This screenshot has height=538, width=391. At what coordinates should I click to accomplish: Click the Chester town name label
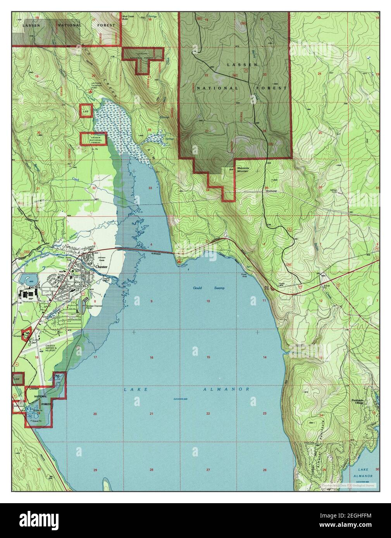pos(101,267)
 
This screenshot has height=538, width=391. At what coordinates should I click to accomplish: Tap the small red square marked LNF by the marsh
pos(85,111)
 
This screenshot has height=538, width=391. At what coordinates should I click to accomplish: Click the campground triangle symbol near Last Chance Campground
pos(90,91)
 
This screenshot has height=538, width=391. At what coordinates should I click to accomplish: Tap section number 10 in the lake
pos(208,301)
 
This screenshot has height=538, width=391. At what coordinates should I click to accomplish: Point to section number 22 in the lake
pos(208,414)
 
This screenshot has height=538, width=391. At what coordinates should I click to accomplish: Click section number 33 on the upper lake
pos(150,188)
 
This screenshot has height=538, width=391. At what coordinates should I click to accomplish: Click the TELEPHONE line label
pos(271,191)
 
